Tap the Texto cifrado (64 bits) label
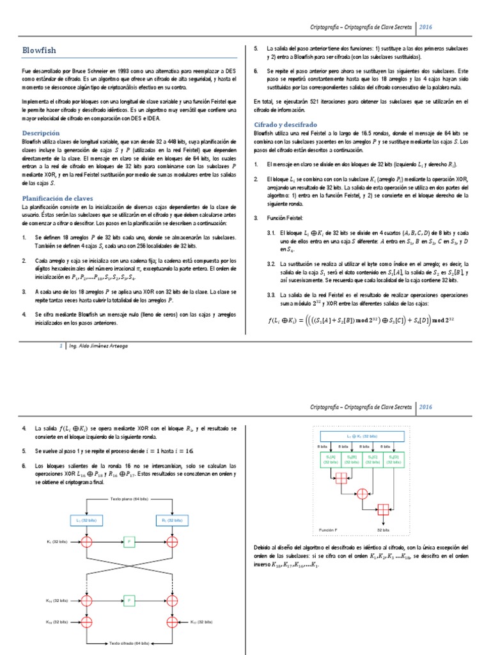pyautogui.click(x=130, y=643)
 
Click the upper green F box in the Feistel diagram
pyautogui.click(x=130, y=542)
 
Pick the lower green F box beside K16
pyautogui.click(x=130, y=601)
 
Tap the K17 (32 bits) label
pyautogui.click(x=203, y=622)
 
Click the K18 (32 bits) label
pyautogui.click(x=57, y=622)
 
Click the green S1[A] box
pyautogui.click(x=331, y=459)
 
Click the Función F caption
pyautogui.click(x=329, y=530)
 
